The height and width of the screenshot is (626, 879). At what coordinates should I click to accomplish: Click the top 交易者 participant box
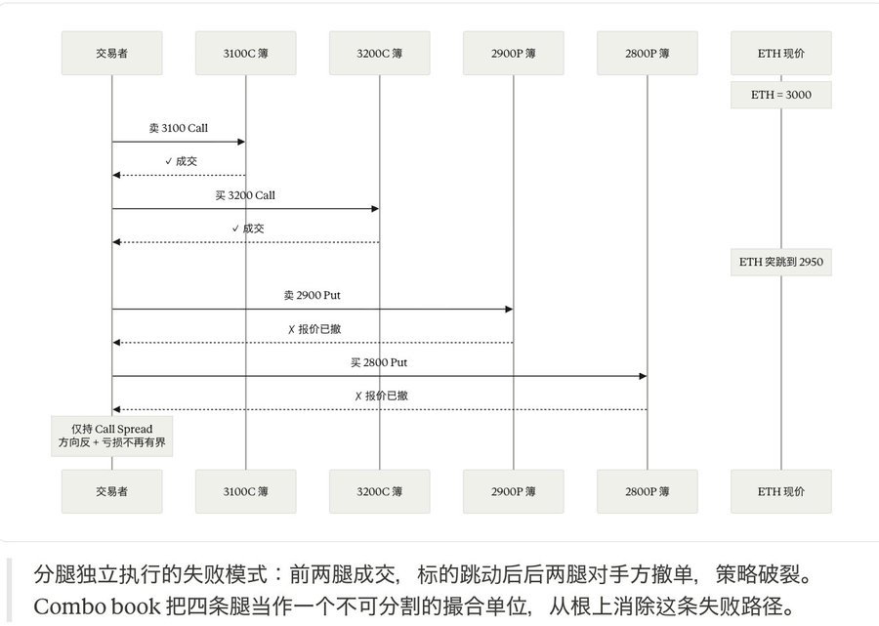[x=111, y=54]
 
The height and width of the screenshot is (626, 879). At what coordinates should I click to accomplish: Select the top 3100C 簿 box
[x=245, y=54]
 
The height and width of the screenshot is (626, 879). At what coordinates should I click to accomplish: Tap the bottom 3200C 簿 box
[x=380, y=491]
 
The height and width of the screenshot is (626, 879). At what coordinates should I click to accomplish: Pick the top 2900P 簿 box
[x=514, y=54]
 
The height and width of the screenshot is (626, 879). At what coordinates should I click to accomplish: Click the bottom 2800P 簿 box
[x=648, y=491]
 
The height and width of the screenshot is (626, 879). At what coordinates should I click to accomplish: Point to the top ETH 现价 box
[x=781, y=54]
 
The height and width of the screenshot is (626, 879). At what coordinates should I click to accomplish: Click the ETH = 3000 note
[x=781, y=95]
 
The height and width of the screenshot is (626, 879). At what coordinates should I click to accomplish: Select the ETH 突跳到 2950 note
[x=781, y=262]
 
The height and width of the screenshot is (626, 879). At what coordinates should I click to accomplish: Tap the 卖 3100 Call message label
[x=179, y=128]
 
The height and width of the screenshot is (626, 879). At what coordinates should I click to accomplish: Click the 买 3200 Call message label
[x=245, y=195]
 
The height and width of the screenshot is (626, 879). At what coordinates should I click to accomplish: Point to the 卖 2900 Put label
[x=313, y=295]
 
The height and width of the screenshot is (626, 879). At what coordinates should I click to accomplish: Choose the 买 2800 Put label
[x=379, y=362]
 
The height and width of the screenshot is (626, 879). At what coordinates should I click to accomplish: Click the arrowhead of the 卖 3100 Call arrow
[x=241, y=142]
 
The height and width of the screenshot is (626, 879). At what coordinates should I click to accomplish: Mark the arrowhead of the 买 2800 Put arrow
[x=643, y=376]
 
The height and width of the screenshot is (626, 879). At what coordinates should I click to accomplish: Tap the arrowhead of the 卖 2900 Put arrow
[x=509, y=309]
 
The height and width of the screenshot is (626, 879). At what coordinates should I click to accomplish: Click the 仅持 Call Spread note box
[x=111, y=436]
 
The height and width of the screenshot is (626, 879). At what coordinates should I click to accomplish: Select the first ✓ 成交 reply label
[x=181, y=161]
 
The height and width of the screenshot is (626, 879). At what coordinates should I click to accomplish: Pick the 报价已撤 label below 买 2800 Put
[x=381, y=396]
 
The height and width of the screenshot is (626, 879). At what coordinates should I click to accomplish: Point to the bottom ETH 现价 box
[x=781, y=491]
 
